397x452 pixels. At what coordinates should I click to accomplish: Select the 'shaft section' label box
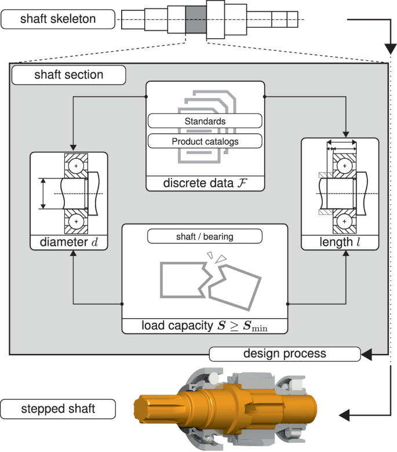(68, 75)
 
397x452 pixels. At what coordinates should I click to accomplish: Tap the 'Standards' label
(205, 121)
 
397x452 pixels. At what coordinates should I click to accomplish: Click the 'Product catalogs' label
(205, 141)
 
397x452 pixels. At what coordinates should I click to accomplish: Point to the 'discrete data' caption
(205, 184)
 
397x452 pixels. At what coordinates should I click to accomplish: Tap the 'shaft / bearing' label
(205, 236)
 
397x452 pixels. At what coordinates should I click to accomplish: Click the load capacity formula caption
(205, 326)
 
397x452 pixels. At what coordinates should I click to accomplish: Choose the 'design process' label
(284, 353)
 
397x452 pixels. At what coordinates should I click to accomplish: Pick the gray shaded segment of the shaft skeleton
(195, 21)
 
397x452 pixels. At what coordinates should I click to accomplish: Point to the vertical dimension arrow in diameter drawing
(42, 194)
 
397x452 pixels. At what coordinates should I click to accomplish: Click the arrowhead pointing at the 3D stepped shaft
(344, 415)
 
